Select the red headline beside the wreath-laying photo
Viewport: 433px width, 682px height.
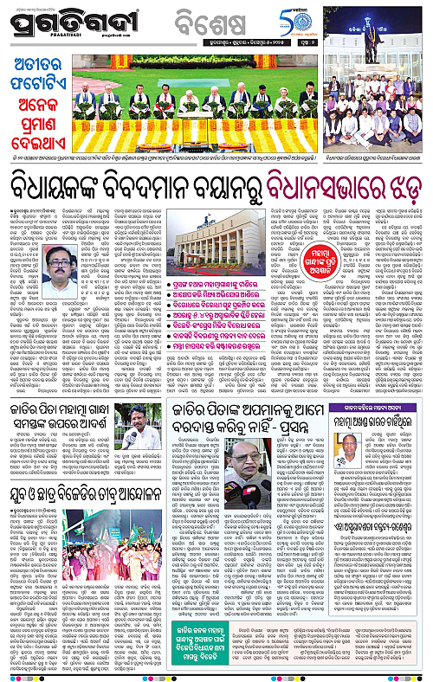44,102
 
